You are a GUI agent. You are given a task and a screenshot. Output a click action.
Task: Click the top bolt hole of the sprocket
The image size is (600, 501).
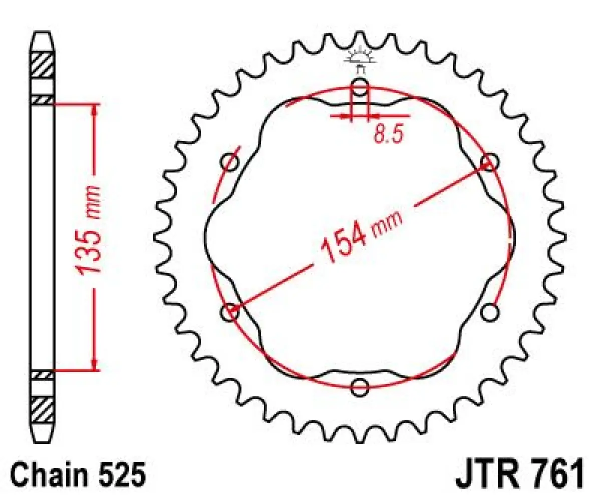pyautogui.click(x=360, y=89)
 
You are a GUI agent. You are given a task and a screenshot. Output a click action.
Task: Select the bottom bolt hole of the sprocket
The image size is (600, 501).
pyautogui.click(x=360, y=386)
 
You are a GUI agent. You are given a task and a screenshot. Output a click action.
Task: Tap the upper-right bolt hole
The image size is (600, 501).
pyautogui.click(x=489, y=162)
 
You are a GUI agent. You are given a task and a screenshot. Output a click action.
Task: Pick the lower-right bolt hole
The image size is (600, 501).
pyautogui.click(x=490, y=313)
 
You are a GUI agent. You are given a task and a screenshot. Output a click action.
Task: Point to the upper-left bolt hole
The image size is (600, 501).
pyautogui.click(x=231, y=162)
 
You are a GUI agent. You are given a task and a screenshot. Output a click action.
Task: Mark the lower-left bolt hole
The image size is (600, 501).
pyautogui.click(x=230, y=312)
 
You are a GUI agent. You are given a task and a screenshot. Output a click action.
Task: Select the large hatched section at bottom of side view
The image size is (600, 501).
pyautogui.click(x=43, y=410)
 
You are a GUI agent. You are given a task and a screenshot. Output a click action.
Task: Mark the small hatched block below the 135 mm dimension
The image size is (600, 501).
pyautogui.click(x=43, y=374)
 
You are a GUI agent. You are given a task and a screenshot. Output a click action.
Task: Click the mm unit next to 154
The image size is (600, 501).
pyautogui.click(x=387, y=223)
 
